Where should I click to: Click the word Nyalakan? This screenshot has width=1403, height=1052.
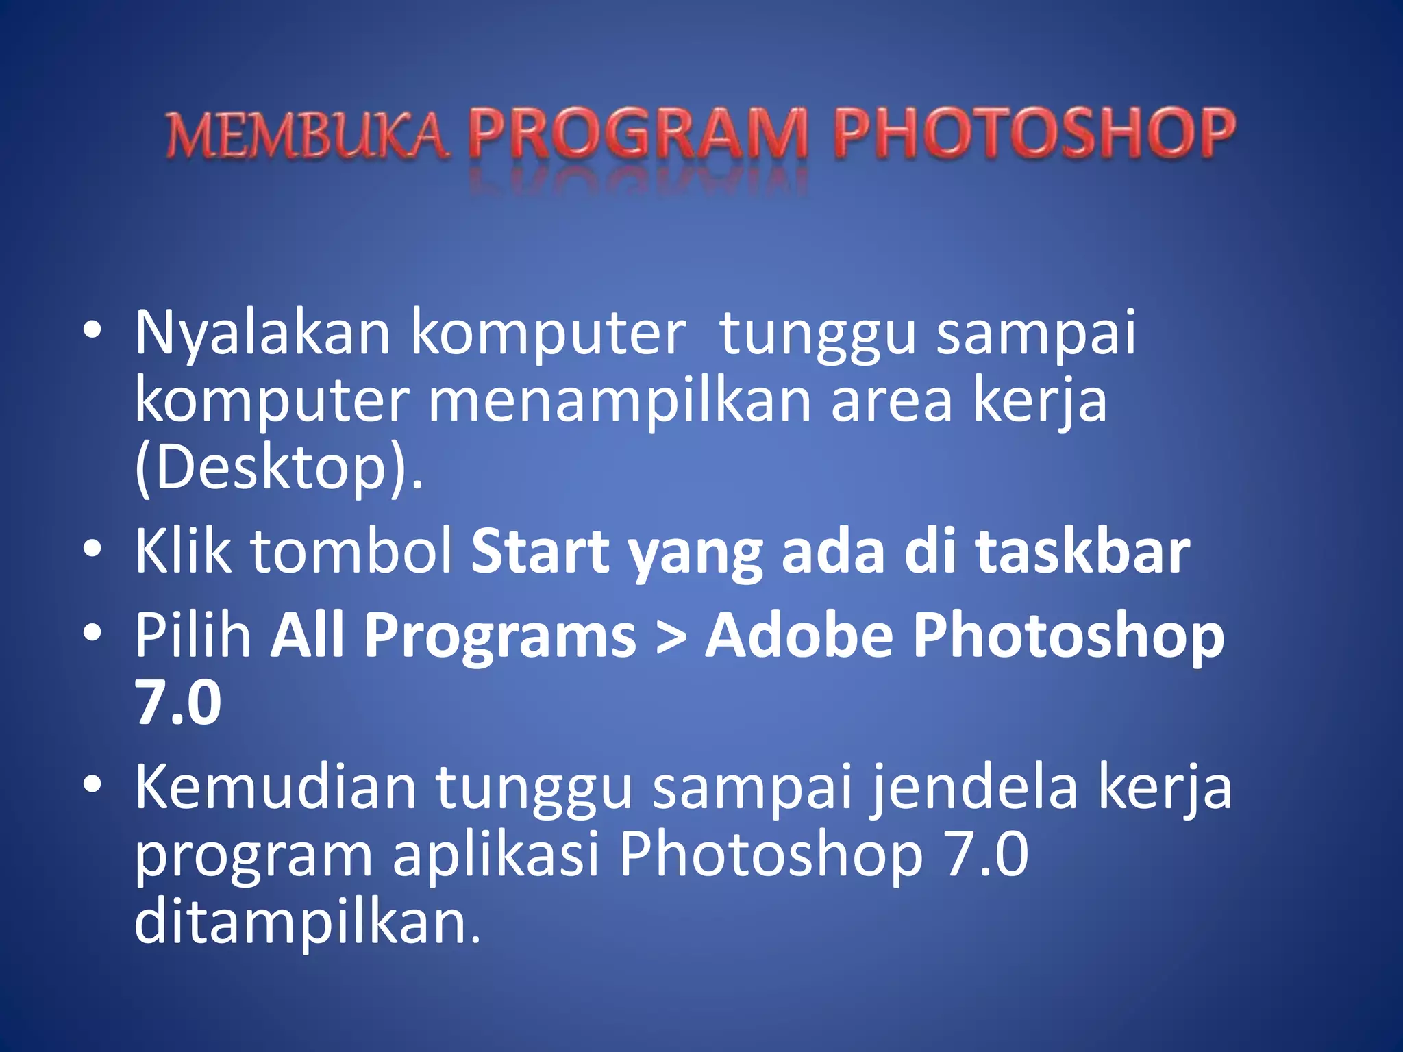click(x=262, y=334)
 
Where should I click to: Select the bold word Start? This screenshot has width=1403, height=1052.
click(x=541, y=553)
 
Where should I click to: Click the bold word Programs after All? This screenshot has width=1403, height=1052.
click(x=500, y=637)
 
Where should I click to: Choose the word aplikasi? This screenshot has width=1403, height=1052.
click(x=497, y=856)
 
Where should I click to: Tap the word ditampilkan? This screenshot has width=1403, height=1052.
click(x=307, y=923)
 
